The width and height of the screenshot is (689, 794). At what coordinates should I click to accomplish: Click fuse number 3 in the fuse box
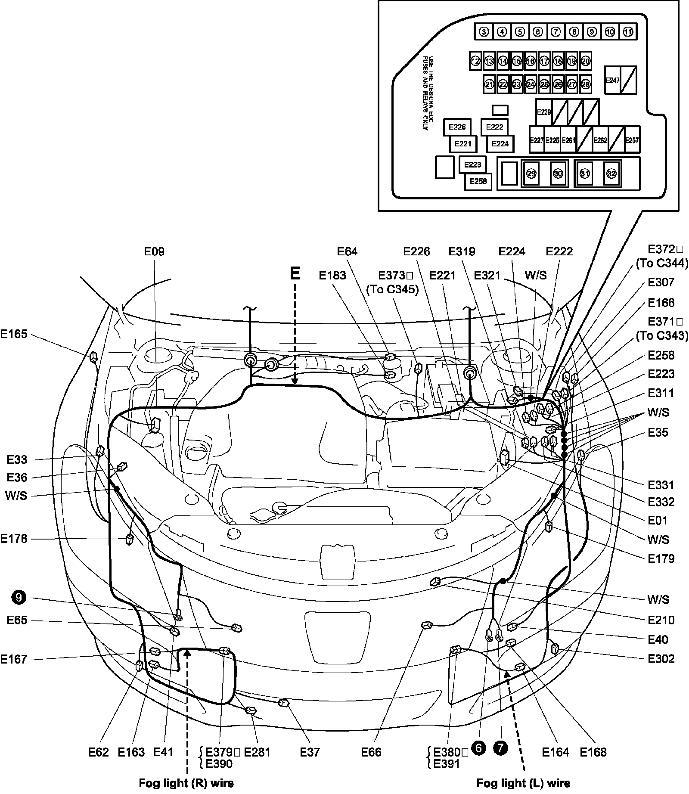484,32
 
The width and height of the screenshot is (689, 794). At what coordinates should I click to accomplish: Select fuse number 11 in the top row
628,32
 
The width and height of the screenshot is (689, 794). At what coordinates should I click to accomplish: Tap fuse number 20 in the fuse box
585,61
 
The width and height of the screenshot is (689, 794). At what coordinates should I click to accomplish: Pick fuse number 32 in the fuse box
611,174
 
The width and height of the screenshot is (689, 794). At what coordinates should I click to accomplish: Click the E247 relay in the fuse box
612,80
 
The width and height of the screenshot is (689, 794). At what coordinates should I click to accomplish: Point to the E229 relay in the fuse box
544,112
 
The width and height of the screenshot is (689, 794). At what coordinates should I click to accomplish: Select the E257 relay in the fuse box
632,140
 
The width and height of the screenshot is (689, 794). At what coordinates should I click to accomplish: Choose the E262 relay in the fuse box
600,140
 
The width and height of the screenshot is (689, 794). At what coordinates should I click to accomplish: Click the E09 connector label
154,251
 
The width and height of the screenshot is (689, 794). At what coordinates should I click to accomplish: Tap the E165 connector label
14,334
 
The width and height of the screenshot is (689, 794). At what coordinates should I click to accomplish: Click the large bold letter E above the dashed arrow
295,274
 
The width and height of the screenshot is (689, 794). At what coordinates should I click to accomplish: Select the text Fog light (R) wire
186,783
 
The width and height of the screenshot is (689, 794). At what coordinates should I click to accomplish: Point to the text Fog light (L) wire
523,783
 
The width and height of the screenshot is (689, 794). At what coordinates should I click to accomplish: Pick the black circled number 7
500,749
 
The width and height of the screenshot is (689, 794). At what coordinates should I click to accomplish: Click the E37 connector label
310,752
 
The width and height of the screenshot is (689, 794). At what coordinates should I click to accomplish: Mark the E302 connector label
661,659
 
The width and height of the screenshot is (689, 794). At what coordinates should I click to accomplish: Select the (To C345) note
392,289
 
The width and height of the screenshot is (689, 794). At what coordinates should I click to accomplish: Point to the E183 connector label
332,276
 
